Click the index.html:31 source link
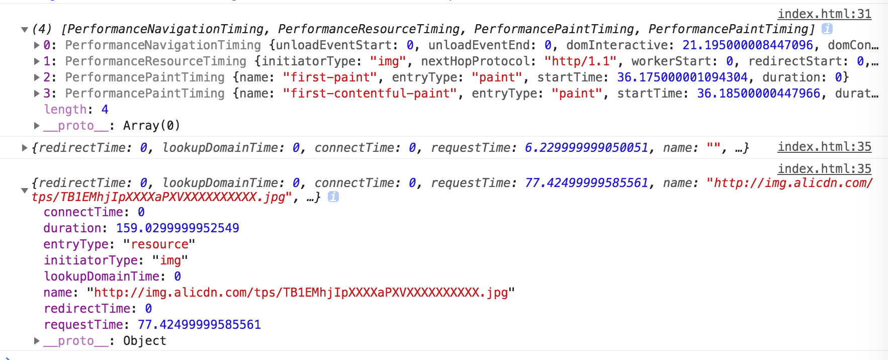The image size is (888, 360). tap(824, 14)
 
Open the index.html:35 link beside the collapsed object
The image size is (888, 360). tap(824, 147)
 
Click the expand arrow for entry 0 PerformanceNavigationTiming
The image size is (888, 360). tap(37, 45)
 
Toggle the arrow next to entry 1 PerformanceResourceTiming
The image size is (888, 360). tap(37, 61)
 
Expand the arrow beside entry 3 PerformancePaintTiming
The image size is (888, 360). tap(37, 94)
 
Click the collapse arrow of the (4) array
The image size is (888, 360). tap(24, 30)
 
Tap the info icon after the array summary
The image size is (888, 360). tap(827, 29)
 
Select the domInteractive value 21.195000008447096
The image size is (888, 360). tap(747, 45)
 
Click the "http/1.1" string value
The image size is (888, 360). tap(580, 61)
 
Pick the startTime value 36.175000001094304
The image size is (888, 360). tap(682, 77)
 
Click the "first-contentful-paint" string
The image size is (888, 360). tap(370, 94)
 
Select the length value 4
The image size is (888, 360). tap(105, 110)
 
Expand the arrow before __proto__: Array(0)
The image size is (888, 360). tap(37, 126)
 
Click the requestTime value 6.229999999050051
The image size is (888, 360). tap(586, 148)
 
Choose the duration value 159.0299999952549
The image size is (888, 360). tap(177, 228)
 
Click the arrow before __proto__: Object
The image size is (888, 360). tap(37, 341)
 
